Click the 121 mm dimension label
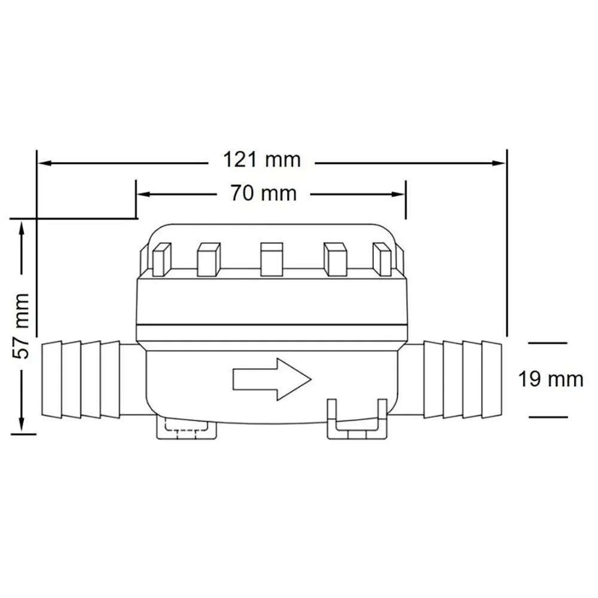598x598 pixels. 262,160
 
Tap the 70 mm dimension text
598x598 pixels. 263,193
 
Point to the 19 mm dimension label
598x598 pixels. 551,380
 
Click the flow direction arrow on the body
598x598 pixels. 272,380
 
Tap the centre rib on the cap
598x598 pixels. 271,260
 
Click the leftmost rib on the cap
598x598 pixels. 161,260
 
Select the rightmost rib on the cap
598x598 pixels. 382,260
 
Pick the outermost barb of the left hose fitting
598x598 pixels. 51,380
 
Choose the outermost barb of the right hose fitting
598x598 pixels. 492,380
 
